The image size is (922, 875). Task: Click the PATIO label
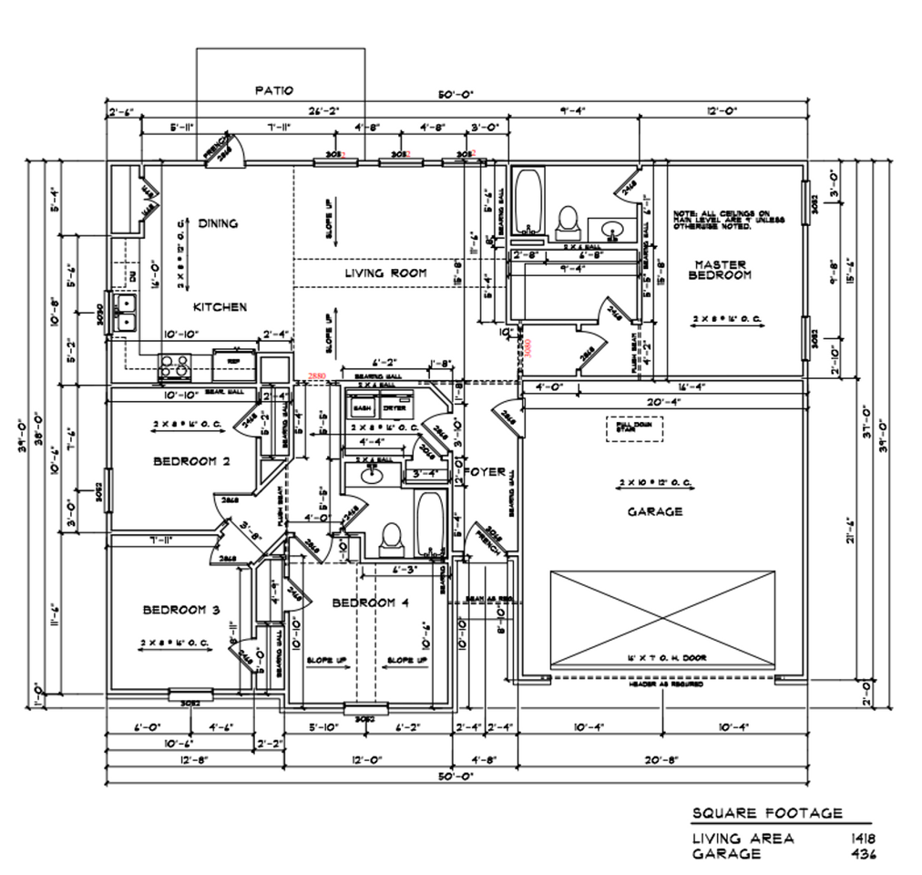pyautogui.click(x=273, y=90)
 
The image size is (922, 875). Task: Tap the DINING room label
pyautogui.click(x=219, y=223)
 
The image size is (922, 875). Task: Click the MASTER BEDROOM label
pyautogui.click(x=720, y=269)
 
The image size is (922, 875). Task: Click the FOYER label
pyautogui.click(x=485, y=471)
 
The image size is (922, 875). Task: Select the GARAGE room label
pyautogui.click(x=654, y=511)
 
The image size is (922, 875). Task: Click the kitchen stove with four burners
pyautogui.click(x=174, y=365)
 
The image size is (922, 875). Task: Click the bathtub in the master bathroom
pyautogui.click(x=528, y=201)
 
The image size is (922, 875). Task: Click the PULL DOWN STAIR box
pyautogui.click(x=634, y=427)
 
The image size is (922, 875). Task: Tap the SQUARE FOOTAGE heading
pyautogui.click(x=767, y=813)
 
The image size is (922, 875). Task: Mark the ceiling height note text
pyautogui.click(x=728, y=219)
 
